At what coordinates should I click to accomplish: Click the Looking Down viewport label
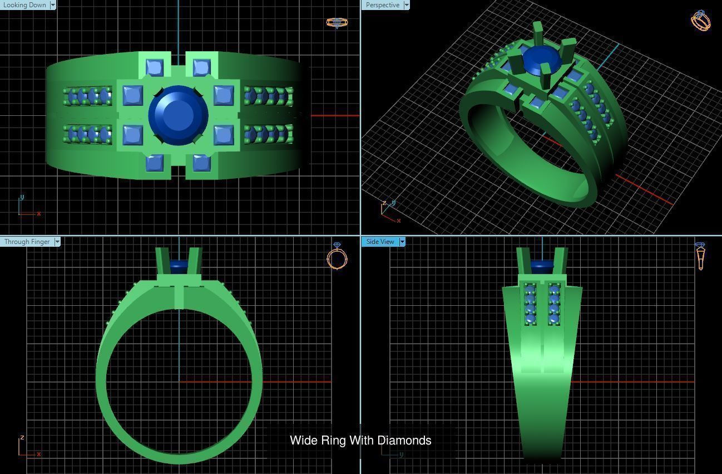(24, 5)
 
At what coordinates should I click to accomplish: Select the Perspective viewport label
(382, 5)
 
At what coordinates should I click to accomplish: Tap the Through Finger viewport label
(27, 242)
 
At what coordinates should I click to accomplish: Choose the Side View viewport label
(380, 242)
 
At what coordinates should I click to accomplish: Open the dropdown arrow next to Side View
(402, 242)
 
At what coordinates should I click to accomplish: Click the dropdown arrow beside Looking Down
(53, 5)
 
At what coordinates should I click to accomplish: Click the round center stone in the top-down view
(179, 115)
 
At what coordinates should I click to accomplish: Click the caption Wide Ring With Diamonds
(360, 441)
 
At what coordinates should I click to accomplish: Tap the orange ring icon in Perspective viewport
(700, 20)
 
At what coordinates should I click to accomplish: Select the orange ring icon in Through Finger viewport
(337, 257)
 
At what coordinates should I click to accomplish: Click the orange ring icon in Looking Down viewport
(337, 22)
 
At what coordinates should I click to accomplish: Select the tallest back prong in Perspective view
(538, 35)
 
